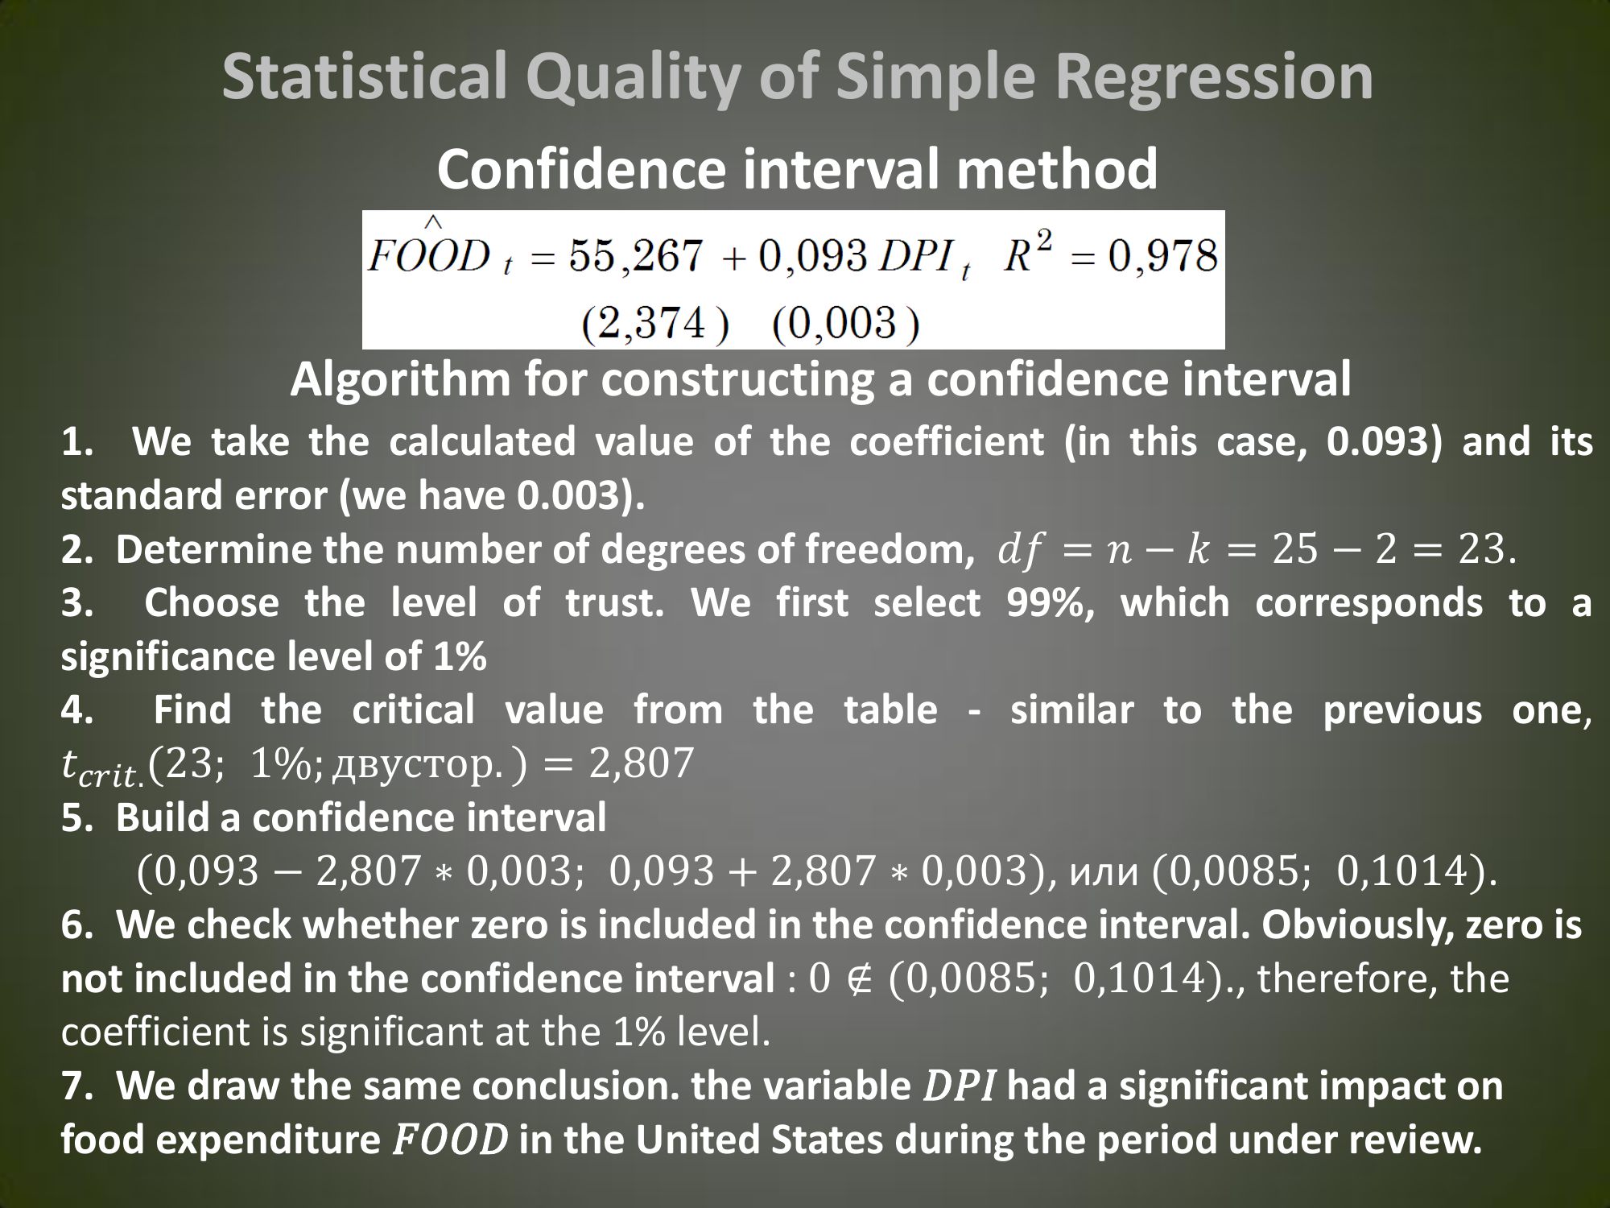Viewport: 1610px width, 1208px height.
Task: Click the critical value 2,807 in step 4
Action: pos(641,763)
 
